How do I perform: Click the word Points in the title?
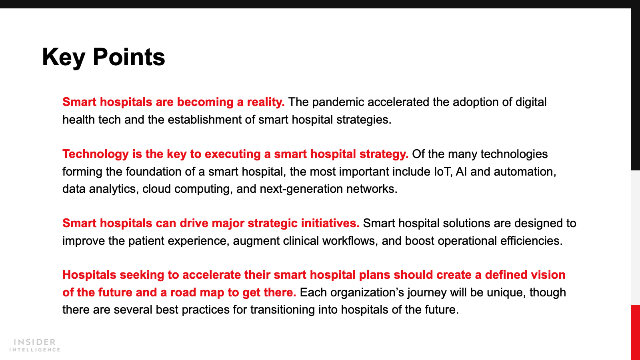[x=129, y=57]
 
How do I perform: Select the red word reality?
[x=266, y=102]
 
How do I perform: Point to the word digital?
[x=531, y=102]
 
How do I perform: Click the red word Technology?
[x=96, y=154]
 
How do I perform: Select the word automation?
[x=525, y=172]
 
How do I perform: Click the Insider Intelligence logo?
[x=34, y=345]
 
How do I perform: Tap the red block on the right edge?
[x=636, y=332]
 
